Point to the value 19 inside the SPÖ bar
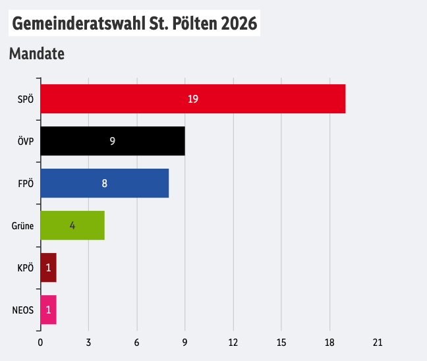point(192,99)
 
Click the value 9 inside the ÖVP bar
point(113,141)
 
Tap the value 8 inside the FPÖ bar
point(104,183)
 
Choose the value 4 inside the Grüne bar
point(72,225)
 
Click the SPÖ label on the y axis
point(26,99)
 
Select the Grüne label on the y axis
point(22,225)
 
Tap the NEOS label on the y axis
point(23,310)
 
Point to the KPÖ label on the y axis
point(25,267)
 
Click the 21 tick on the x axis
point(378,343)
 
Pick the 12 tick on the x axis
point(233,343)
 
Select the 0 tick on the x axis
point(40,343)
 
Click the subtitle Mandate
point(37,54)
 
